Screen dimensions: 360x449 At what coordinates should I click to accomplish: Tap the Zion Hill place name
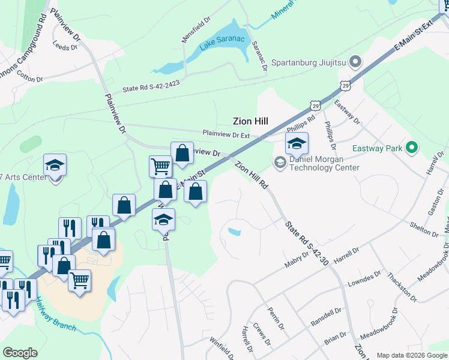click(x=250, y=121)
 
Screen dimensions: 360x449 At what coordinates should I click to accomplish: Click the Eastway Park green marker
click(x=411, y=147)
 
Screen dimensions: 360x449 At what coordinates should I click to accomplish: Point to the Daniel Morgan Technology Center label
click(x=324, y=164)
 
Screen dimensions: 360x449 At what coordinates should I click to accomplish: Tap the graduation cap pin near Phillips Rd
click(x=296, y=144)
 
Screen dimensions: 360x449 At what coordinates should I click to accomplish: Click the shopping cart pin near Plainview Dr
click(x=160, y=166)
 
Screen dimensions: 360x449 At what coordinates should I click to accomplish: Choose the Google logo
click(x=20, y=353)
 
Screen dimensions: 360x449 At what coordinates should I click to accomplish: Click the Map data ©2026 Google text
click(x=412, y=355)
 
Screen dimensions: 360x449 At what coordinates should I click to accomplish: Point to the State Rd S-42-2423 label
click(x=151, y=88)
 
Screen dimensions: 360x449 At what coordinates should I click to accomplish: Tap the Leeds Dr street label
click(x=62, y=46)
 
